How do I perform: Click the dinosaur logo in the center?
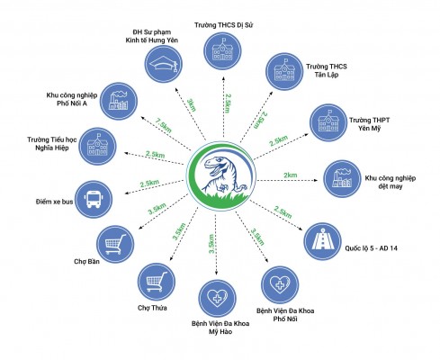[221, 175]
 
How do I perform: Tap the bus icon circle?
[94, 199]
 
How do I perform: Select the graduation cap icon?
[164, 64]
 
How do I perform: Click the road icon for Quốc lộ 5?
[322, 241]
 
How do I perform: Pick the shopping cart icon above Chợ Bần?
[115, 245]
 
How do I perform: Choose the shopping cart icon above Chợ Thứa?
[157, 282]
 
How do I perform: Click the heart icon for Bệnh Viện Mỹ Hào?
[218, 299]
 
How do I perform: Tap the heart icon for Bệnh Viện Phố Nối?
[280, 284]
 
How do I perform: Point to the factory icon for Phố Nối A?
[119, 102]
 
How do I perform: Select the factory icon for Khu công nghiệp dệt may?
[342, 179]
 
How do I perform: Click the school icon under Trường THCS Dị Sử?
[222, 50]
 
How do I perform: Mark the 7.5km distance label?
[164, 125]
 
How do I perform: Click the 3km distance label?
[192, 105]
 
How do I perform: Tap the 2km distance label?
[291, 175]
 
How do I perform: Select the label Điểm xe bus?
[54, 202]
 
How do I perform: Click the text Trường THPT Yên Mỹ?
[369, 124]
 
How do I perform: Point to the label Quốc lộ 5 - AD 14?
[371, 248]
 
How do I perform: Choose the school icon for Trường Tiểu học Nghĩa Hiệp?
[97, 147]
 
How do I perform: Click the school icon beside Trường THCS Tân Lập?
[285, 71]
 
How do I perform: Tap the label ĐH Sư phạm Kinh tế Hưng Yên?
[152, 36]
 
